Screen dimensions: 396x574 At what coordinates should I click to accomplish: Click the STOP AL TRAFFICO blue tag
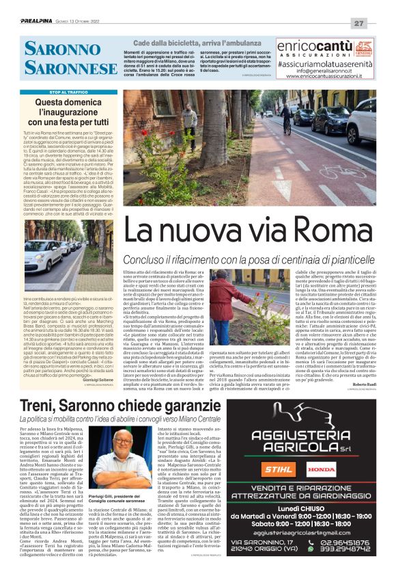tap(68, 92)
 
